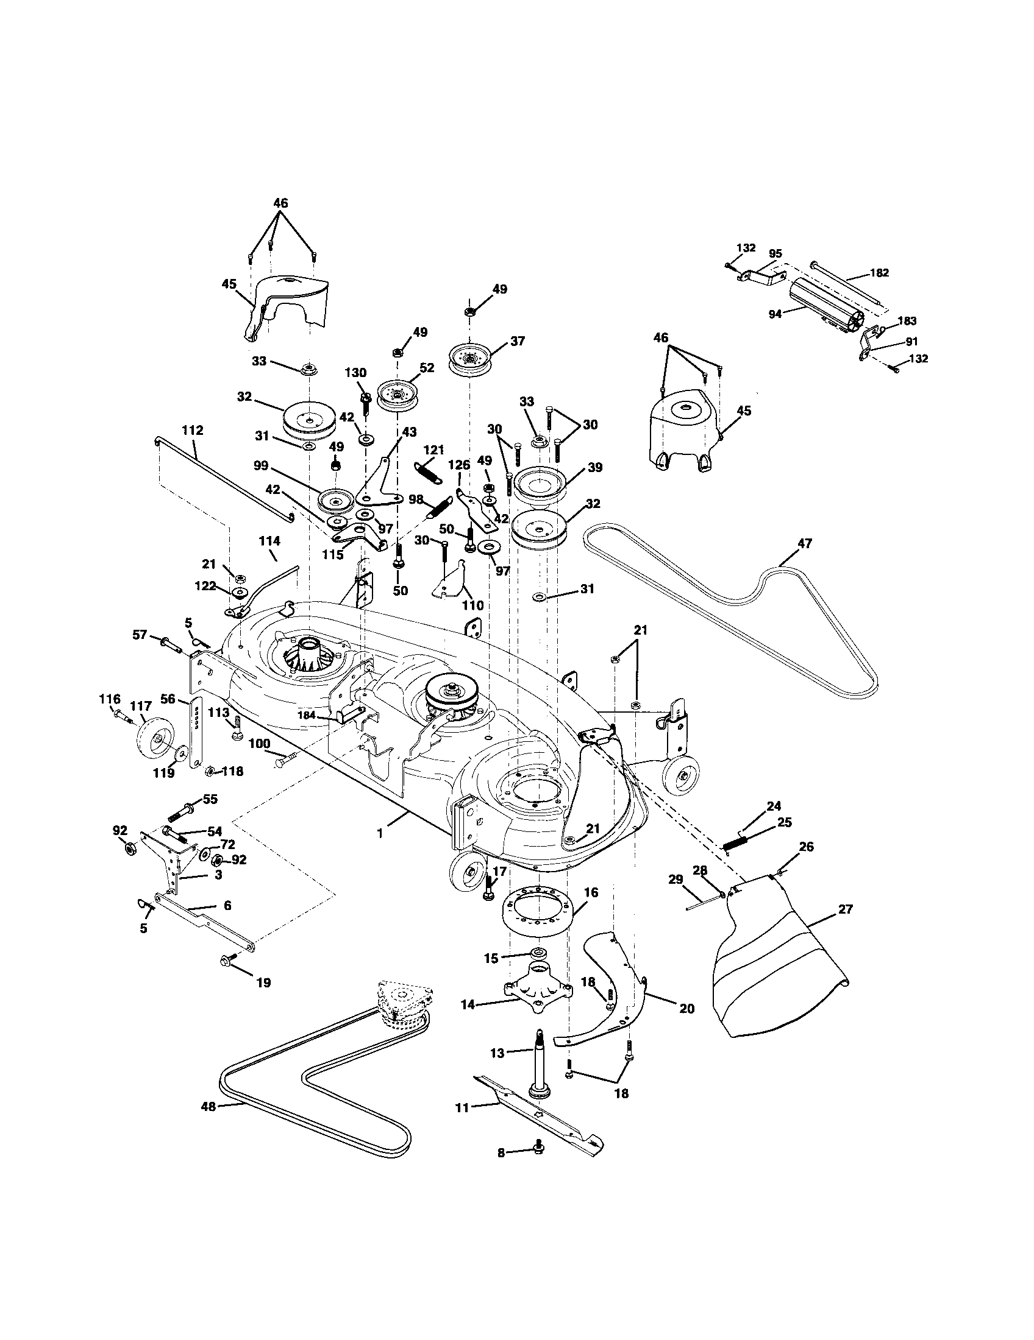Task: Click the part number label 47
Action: tap(804, 543)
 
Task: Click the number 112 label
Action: tap(192, 431)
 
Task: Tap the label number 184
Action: tap(323, 716)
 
